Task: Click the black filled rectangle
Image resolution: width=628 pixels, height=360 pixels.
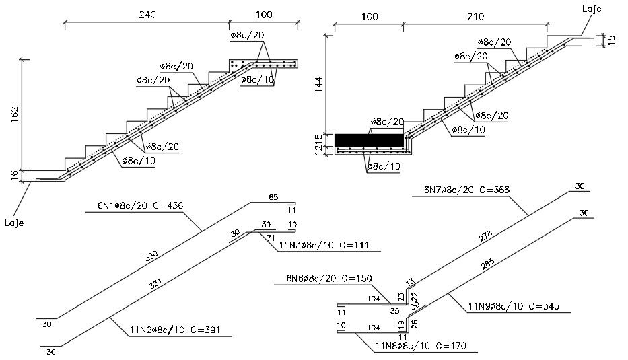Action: click(x=369, y=139)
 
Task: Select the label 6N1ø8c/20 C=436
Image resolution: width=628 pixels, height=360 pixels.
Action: click(x=135, y=205)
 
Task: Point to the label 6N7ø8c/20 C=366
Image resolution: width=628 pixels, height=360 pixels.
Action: click(x=466, y=190)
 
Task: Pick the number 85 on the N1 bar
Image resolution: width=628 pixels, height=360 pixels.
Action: click(x=273, y=198)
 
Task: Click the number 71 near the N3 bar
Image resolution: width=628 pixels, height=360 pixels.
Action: click(x=270, y=238)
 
